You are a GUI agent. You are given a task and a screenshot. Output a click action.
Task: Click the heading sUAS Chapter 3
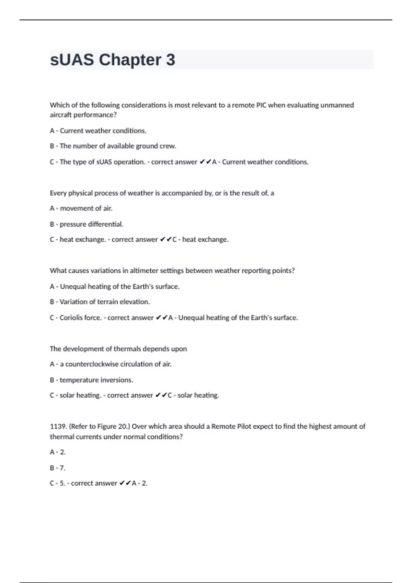tap(112, 60)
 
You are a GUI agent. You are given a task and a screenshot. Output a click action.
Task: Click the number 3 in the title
tap(170, 60)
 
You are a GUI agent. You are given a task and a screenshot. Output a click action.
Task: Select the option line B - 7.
tap(58, 468)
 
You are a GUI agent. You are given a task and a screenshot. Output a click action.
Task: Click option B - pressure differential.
tap(87, 224)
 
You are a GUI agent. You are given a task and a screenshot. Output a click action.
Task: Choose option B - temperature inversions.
tap(91, 380)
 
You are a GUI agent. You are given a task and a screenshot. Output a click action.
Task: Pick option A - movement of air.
tap(81, 208)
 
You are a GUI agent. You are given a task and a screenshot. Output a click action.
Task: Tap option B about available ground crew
tap(113, 146)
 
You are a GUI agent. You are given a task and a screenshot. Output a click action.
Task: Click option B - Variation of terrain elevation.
tap(100, 302)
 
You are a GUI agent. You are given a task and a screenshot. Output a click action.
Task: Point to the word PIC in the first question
tap(261, 105)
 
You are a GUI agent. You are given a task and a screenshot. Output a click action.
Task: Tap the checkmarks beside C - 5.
tap(125, 483)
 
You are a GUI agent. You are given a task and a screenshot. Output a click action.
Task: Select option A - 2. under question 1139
tap(58, 452)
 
